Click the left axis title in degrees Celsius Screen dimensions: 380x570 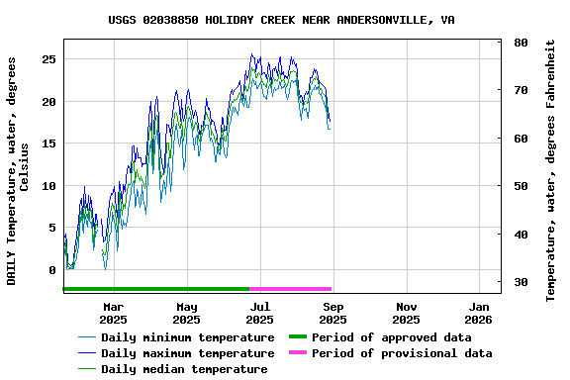click(x=18, y=170)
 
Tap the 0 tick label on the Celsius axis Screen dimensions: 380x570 click(x=53, y=270)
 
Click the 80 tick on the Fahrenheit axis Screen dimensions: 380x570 click(x=521, y=44)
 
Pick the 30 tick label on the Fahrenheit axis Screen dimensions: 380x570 click(x=521, y=283)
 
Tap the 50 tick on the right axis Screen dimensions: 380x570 click(x=521, y=187)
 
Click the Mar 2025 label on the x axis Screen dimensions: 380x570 click(x=114, y=313)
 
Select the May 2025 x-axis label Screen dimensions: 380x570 click(x=186, y=313)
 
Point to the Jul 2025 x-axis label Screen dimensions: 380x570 click(x=259, y=313)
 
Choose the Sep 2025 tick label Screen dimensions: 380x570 click(x=332, y=313)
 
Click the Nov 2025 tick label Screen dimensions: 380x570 click(x=406, y=313)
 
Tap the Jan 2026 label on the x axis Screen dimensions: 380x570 click(x=478, y=313)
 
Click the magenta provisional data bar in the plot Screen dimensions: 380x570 click(x=290, y=289)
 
